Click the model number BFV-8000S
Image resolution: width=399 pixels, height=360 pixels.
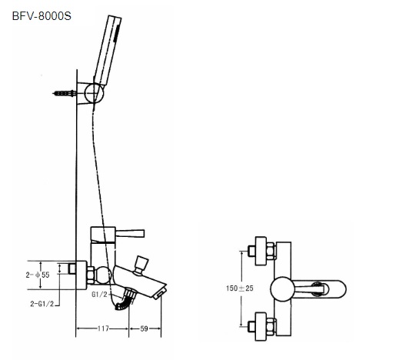coord(42,16)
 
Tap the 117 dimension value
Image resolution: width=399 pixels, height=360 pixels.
coord(103,328)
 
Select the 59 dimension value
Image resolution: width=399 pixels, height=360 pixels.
coord(145,328)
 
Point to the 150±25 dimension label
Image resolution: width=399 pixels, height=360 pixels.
coord(240,288)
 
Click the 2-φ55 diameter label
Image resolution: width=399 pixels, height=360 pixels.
coord(38,275)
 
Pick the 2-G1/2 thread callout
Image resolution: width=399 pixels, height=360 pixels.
coord(42,304)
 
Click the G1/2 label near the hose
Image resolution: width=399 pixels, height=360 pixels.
coord(99,295)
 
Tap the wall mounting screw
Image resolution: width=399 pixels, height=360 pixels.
coord(64,93)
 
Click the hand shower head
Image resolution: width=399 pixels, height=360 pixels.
coord(108,50)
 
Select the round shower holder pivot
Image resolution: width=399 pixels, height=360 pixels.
coord(94,93)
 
